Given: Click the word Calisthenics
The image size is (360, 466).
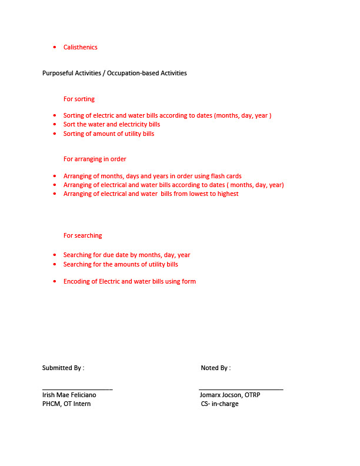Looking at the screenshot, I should point(81,47).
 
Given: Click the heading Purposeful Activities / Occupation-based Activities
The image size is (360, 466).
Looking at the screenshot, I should point(114,73).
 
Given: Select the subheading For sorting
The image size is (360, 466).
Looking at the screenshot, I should point(79,99).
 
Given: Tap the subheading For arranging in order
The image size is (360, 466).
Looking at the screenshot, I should point(95,159).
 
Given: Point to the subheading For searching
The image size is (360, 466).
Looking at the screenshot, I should point(82,235).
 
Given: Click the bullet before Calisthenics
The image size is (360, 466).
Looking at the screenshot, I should point(54,47).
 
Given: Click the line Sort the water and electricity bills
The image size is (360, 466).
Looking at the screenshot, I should point(112,124).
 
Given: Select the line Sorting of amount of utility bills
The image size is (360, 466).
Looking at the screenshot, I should point(109,134).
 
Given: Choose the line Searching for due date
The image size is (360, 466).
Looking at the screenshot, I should point(126,255).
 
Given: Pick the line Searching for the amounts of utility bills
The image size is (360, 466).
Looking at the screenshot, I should point(121,264).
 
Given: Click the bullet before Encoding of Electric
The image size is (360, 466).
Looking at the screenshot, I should point(54,281).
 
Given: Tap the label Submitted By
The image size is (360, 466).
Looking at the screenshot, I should point(63,368).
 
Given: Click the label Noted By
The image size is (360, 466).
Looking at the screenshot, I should point(215,368).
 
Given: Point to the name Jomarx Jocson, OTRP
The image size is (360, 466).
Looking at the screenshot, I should point(230,395).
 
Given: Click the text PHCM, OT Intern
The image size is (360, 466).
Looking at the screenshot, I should point(66,404).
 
